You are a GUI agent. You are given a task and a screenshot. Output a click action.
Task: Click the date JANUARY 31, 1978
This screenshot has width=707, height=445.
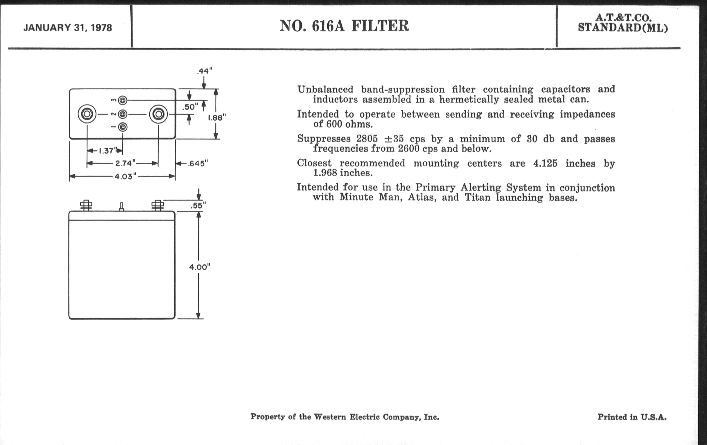[x=67, y=28]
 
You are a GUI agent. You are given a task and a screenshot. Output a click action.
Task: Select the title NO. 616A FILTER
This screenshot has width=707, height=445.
[x=344, y=26]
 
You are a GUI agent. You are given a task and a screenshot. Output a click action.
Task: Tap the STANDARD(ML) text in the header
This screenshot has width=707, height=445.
[x=623, y=28]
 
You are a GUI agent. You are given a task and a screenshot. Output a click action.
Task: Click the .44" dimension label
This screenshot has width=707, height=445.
[x=205, y=71]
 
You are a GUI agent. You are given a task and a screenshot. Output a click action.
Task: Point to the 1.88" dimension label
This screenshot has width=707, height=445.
[x=217, y=118]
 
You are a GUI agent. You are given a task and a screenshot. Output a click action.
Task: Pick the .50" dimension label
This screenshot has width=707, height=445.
[x=190, y=107]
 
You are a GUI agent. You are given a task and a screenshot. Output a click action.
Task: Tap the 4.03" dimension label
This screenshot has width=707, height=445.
[x=125, y=176]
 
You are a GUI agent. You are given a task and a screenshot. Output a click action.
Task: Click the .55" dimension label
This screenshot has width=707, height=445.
[x=198, y=205]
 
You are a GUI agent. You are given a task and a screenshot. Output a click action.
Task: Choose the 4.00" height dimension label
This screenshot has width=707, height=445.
[x=200, y=267]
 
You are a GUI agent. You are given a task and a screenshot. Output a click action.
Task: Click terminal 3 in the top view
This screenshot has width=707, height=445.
[x=122, y=100]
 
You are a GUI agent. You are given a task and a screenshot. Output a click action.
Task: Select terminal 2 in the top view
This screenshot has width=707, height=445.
[x=122, y=114]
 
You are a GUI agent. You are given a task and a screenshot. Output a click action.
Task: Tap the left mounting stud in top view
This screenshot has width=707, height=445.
[x=87, y=114]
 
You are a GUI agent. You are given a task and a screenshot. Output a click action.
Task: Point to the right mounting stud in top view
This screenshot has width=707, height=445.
[x=158, y=114]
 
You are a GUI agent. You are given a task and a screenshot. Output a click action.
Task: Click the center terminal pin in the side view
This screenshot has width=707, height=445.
[x=122, y=207]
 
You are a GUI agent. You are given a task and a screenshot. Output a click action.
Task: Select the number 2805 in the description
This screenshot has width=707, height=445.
[x=367, y=138]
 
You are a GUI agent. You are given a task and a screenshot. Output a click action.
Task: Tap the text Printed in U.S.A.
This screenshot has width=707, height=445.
[x=632, y=417]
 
